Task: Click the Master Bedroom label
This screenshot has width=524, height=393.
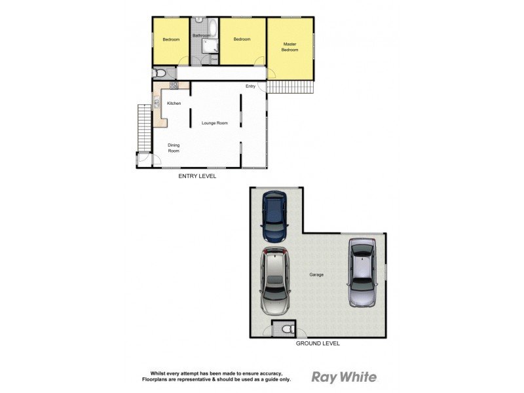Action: click(290, 47)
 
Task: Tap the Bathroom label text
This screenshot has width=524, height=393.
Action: click(201, 35)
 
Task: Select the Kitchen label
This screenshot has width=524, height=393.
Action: click(174, 103)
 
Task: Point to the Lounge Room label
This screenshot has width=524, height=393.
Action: click(215, 123)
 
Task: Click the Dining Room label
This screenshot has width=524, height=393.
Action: click(174, 148)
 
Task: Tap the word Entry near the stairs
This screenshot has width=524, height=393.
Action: click(250, 86)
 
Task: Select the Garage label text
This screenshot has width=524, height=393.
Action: click(316, 275)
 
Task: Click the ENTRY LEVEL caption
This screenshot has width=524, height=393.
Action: click(197, 176)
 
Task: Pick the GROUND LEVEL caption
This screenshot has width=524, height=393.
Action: click(318, 343)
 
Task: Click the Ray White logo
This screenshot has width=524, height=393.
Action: click(344, 377)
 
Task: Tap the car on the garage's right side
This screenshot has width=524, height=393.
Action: click(362, 272)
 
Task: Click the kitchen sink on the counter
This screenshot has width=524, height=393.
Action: click(157, 102)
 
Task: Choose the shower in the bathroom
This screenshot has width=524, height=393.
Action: click(210, 45)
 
